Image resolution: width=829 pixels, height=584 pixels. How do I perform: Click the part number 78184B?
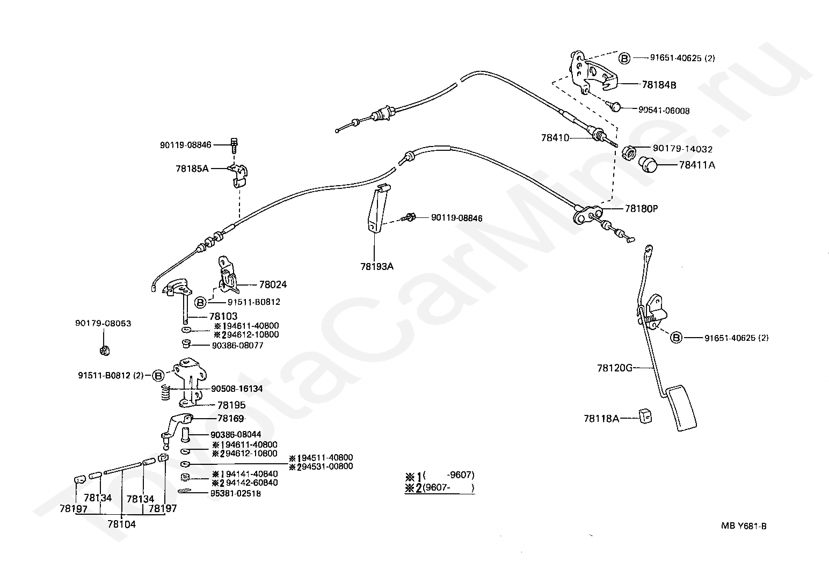659,85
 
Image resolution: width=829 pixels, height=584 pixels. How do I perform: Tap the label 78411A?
697,165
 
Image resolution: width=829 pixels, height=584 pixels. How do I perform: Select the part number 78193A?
377,266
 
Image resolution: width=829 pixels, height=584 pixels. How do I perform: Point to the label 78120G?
615,368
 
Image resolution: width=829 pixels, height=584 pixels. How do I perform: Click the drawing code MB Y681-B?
744,526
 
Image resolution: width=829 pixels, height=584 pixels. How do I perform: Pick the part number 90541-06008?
664,110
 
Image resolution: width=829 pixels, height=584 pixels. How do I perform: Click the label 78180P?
642,209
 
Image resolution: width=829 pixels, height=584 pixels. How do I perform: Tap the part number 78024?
273,284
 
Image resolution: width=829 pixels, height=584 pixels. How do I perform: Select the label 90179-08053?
103,323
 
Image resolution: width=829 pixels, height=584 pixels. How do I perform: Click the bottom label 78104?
122,524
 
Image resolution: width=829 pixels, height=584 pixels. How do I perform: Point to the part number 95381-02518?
235,493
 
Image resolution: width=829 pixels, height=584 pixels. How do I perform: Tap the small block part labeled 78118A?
646,417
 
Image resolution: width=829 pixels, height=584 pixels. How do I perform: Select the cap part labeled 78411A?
648,164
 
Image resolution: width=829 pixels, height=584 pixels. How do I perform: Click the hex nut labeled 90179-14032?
628,152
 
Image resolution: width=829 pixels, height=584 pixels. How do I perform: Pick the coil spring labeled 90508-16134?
165,392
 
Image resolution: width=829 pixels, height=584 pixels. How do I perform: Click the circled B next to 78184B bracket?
624,58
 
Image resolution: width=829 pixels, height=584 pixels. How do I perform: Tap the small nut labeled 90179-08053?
105,350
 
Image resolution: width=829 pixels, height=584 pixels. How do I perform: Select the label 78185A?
192,169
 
